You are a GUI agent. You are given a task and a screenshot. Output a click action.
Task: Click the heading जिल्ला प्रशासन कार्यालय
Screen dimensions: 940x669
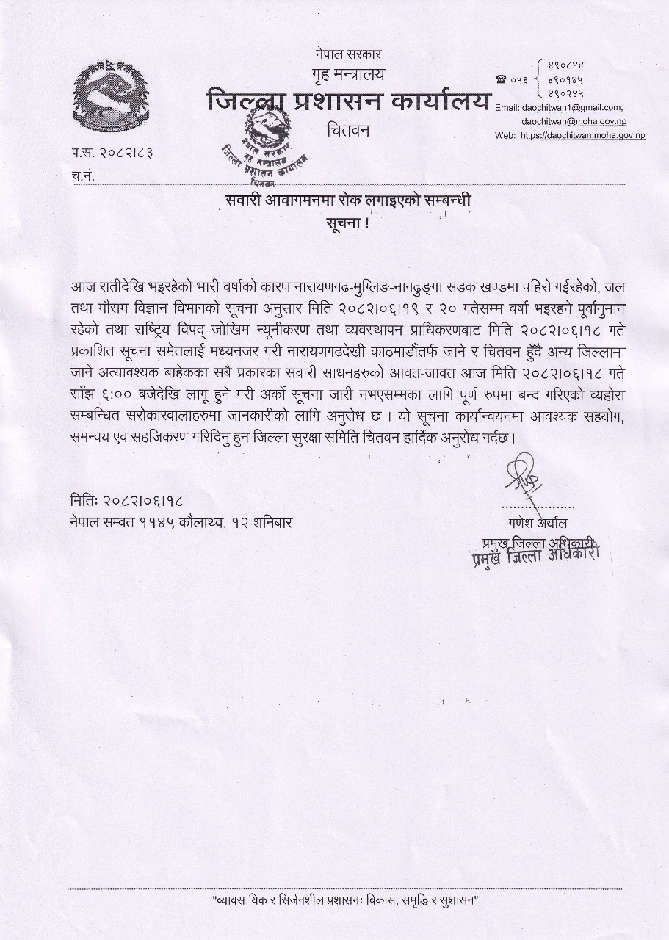(x=348, y=101)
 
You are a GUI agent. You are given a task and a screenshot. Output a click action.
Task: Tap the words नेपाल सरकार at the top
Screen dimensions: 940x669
(x=348, y=54)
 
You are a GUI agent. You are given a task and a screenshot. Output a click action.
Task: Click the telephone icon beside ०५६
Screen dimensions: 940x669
(x=502, y=79)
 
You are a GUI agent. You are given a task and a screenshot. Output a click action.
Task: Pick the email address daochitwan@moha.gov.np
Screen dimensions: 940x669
(x=572, y=121)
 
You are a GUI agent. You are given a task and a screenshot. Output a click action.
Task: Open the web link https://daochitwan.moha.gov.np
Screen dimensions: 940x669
(x=583, y=136)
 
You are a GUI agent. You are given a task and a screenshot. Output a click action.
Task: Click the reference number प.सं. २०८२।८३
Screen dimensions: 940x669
(x=117, y=153)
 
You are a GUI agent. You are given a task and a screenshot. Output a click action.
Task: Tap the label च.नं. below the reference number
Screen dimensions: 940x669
(x=83, y=176)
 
